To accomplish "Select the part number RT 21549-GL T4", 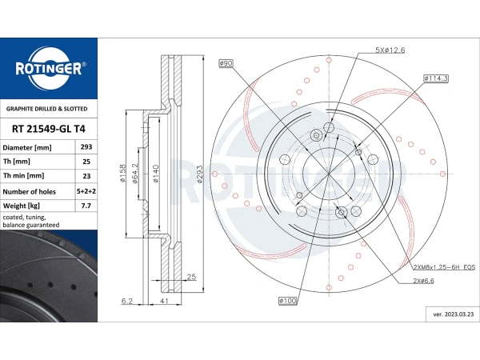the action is point(48,129).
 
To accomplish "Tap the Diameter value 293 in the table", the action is point(86,147).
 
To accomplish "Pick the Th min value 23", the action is point(86,176).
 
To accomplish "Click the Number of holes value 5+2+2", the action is point(86,191).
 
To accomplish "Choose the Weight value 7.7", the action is point(86,206).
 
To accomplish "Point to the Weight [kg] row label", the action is point(21,206).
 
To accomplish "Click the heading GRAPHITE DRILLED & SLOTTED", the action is point(47,109).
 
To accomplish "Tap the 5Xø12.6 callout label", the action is point(390,50).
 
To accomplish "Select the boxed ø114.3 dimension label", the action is point(436,78).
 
